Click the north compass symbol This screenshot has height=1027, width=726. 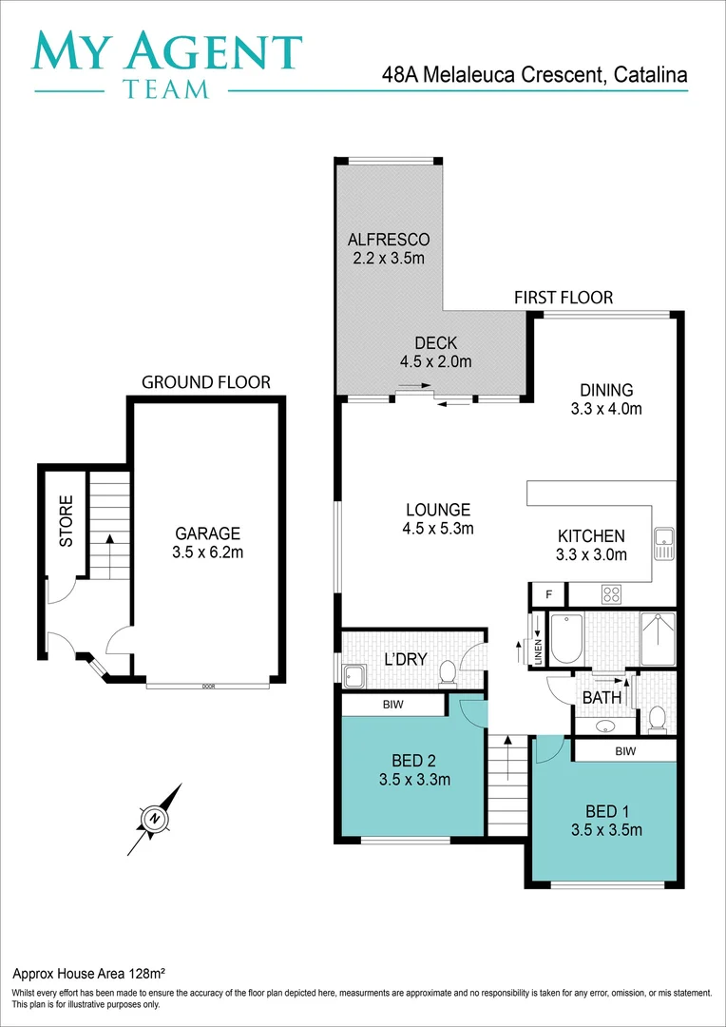154,818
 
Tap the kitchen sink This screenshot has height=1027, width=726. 663,543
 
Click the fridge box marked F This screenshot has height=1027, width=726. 548,595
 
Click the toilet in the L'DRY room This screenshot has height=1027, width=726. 447,673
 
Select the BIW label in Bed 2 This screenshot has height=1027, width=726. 392,706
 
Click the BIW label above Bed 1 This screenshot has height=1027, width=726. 624,751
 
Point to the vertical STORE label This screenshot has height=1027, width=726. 67,521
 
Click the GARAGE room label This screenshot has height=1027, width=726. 207,533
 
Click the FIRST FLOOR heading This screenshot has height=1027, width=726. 564,298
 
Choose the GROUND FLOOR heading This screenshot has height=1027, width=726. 206,382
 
